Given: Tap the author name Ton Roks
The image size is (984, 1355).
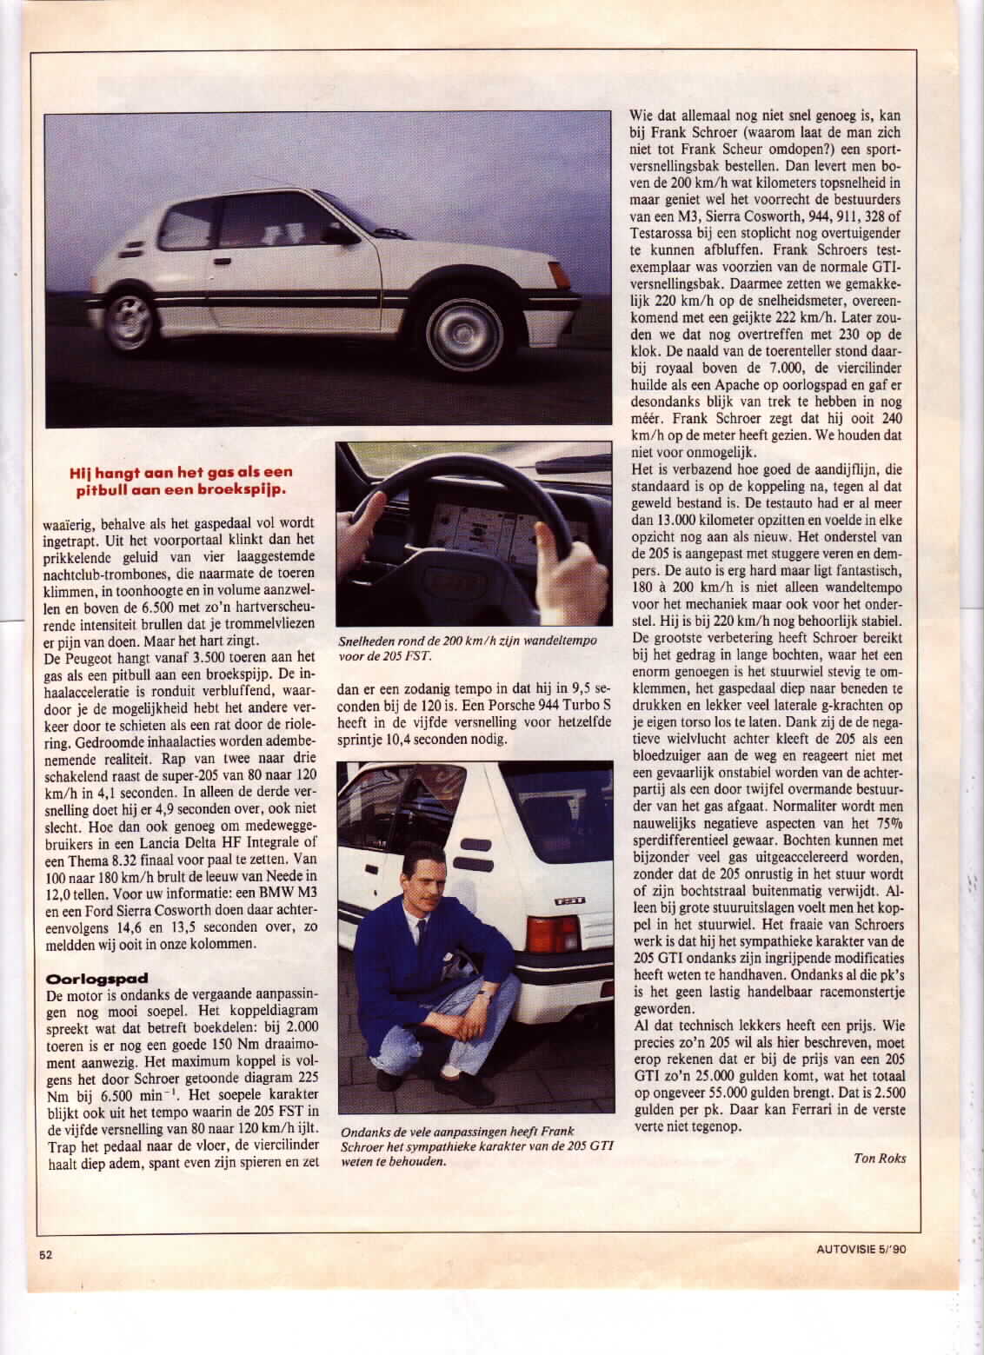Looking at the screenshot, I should pos(879,1158).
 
